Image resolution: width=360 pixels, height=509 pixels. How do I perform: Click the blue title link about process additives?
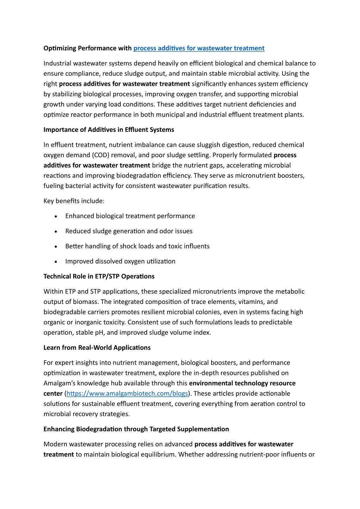click(x=199, y=48)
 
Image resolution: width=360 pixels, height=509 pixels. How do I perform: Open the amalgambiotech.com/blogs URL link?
click(x=127, y=393)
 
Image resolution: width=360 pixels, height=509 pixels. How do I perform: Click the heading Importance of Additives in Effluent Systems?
click(x=109, y=129)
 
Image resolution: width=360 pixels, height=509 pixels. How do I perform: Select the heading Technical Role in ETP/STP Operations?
click(x=99, y=276)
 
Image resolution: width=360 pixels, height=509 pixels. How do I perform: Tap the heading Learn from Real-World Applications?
click(x=97, y=348)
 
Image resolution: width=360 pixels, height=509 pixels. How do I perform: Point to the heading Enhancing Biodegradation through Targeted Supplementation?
click(x=136, y=429)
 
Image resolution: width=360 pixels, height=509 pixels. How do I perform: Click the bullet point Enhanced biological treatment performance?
click(x=130, y=216)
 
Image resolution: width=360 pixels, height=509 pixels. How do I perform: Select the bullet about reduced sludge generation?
click(x=129, y=231)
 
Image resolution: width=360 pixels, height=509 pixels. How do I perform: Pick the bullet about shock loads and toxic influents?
click(x=137, y=246)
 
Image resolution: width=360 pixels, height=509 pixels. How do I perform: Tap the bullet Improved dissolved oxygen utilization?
click(x=120, y=261)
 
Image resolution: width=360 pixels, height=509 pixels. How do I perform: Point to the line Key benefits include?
click(x=74, y=201)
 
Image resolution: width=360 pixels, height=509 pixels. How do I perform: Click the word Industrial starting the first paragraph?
click(x=57, y=63)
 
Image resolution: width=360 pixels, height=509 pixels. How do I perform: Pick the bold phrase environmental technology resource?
click(x=242, y=383)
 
